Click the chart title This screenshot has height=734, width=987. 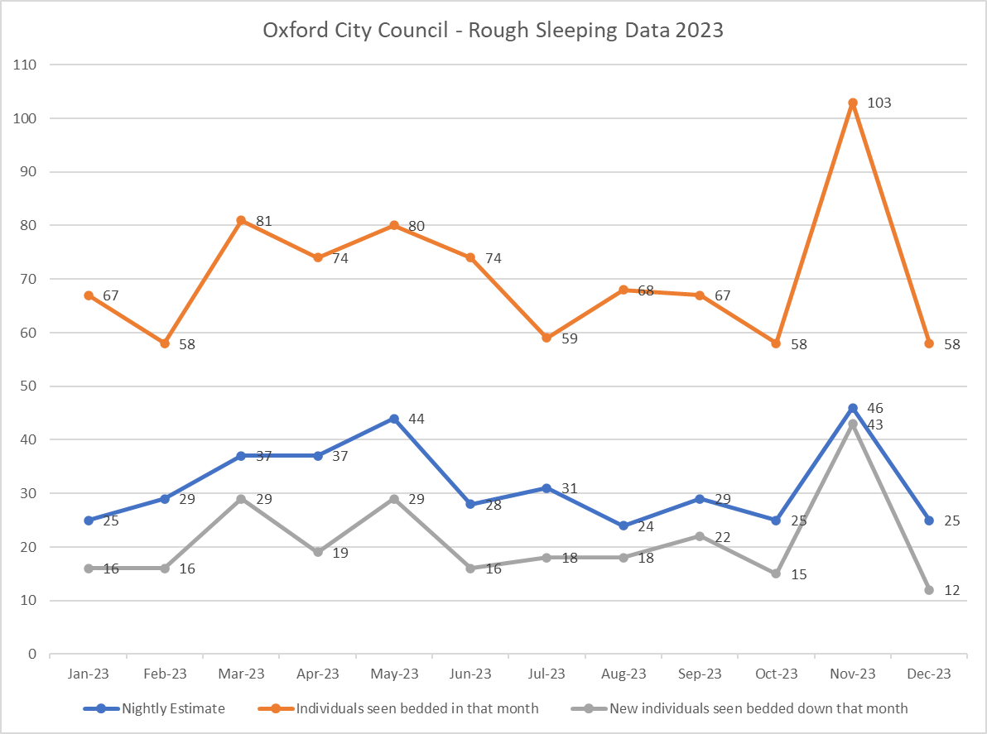coord(493,31)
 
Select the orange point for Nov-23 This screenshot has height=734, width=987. coord(852,103)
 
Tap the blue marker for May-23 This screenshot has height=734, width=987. coord(394,419)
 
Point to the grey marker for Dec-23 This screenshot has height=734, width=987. coord(929,590)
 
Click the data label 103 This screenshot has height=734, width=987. coord(879,103)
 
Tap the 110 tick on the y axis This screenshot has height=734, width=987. coord(25,65)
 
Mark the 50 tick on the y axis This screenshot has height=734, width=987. coord(28,386)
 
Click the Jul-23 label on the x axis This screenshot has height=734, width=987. coord(547,674)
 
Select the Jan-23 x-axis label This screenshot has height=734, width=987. coord(89,674)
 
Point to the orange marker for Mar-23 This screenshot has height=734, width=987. coord(241,221)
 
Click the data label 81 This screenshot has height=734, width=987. coord(264,221)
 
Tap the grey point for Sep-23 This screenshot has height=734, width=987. coord(700,536)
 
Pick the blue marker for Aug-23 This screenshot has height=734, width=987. coord(623,525)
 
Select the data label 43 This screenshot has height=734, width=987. coord(874,425)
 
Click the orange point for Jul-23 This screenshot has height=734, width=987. coord(546,338)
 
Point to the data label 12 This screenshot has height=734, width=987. coord(951,590)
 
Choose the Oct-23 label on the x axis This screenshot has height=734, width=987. coord(776,674)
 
